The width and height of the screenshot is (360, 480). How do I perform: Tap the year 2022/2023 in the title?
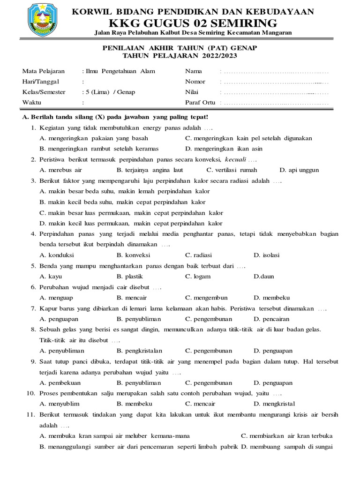[220, 56]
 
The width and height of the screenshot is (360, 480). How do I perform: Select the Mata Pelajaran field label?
[44, 71]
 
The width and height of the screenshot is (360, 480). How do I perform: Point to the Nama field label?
[194, 71]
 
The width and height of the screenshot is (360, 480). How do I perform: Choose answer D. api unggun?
[299, 170]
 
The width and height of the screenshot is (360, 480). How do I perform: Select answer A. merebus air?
[61, 170]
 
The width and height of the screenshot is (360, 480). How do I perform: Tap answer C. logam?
[198, 277]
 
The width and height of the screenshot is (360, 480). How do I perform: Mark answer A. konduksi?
[57, 255]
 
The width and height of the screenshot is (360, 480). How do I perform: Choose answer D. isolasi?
[267, 255]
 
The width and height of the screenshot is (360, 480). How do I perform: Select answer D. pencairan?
[271, 319]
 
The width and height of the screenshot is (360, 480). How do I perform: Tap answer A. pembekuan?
[60, 382]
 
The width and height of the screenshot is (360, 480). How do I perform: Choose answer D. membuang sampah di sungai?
[287, 446]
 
